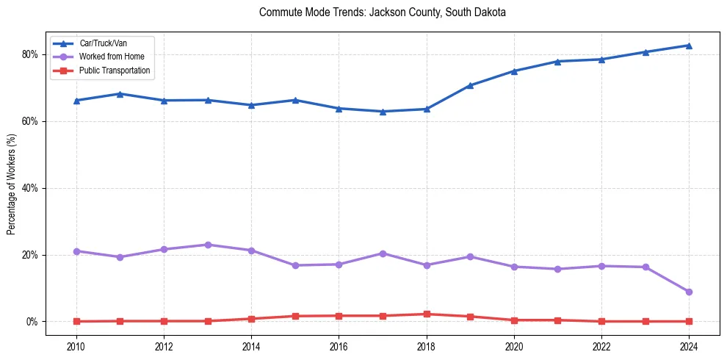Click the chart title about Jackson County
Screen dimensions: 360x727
[383, 12]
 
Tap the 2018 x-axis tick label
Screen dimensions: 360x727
[427, 345]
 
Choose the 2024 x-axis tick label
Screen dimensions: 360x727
[689, 345]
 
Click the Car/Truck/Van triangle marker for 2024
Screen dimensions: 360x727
[689, 46]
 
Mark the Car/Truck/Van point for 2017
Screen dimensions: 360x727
[383, 112]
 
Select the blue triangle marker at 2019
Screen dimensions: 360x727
[470, 85]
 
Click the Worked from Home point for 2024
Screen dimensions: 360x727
[689, 292]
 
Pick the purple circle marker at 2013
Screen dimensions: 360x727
[208, 245]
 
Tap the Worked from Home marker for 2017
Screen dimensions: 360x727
[383, 253]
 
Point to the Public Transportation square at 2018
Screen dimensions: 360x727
[427, 314]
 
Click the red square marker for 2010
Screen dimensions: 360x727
[76, 321]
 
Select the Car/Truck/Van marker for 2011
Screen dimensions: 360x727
[120, 94]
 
